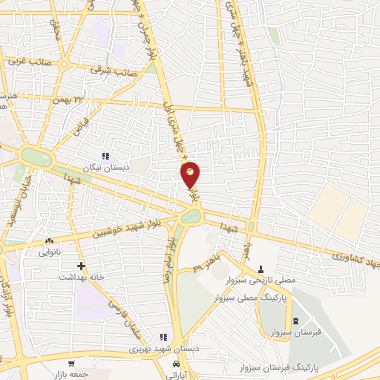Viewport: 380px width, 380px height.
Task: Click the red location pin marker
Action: click(x=191, y=174)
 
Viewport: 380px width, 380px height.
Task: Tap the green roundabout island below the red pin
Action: click(x=191, y=217)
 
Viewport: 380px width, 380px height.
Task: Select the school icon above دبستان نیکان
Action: click(x=105, y=156)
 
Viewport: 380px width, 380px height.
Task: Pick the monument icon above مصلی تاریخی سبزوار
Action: click(x=261, y=269)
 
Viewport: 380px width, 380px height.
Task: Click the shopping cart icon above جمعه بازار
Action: click(x=71, y=364)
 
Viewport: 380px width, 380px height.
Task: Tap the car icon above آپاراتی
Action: click(x=175, y=364)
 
